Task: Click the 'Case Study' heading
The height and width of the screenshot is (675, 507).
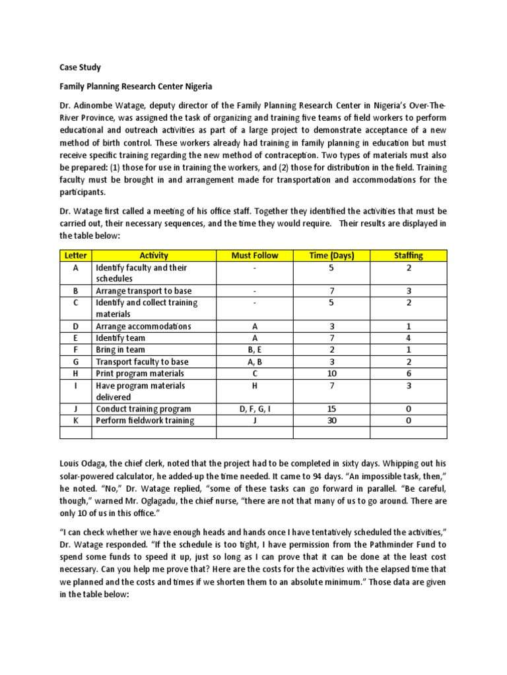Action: click(81, 67)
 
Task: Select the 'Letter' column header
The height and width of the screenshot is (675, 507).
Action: click(75, 255)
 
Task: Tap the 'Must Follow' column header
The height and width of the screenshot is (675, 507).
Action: click(255, 255)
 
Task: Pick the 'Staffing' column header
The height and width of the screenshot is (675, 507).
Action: click(408, 255)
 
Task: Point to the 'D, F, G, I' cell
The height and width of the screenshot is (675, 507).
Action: click(255, 409)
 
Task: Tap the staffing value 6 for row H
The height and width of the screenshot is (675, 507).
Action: click(408, 374)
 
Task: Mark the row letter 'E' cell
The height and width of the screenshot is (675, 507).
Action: click(75, 338)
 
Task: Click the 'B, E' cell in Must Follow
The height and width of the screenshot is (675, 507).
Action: click(255, 350)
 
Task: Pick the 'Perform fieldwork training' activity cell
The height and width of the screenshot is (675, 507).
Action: click(145, 421)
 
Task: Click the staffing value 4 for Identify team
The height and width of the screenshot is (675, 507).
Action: click(408, 338)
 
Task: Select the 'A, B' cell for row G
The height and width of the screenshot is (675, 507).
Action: click(255, 362)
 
